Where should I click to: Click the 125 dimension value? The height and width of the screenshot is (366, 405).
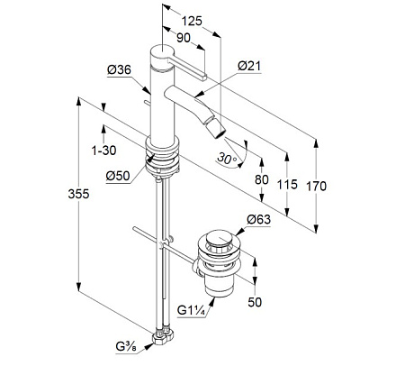click(x=192, y=21)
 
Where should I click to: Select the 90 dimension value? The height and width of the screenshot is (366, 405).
click(x=184, y=38)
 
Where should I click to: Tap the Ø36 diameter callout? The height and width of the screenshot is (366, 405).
click(x=119, y=70)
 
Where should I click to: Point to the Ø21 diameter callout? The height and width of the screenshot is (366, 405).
click(x=249, y=66)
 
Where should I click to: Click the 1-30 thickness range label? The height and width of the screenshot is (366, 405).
click(x=103, y=151)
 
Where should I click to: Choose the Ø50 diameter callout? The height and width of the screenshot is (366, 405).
click(x=118, y=176)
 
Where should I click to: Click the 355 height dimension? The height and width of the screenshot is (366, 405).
click(x=78, y=194)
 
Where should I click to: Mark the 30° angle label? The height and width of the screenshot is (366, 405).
click(x=227, y=159)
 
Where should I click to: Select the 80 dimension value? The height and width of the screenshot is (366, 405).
click(x=262, y=179)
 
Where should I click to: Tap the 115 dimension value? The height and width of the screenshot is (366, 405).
click(x=287, y=184)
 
